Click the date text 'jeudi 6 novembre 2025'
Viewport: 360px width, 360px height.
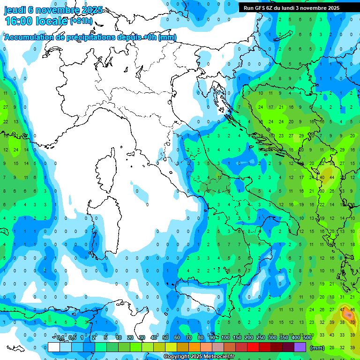53,10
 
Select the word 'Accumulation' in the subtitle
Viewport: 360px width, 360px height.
28,37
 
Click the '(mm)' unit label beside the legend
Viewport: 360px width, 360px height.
317,347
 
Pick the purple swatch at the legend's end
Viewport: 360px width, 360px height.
300,347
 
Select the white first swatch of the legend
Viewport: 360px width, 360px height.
54,347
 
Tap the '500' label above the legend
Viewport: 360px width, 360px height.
307,337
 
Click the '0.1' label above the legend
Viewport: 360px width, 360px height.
60,337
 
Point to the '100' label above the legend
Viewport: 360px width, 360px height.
225,337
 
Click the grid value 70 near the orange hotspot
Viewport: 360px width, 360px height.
352,322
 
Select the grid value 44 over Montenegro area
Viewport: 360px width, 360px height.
332,178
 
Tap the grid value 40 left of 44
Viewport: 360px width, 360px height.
322,178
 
